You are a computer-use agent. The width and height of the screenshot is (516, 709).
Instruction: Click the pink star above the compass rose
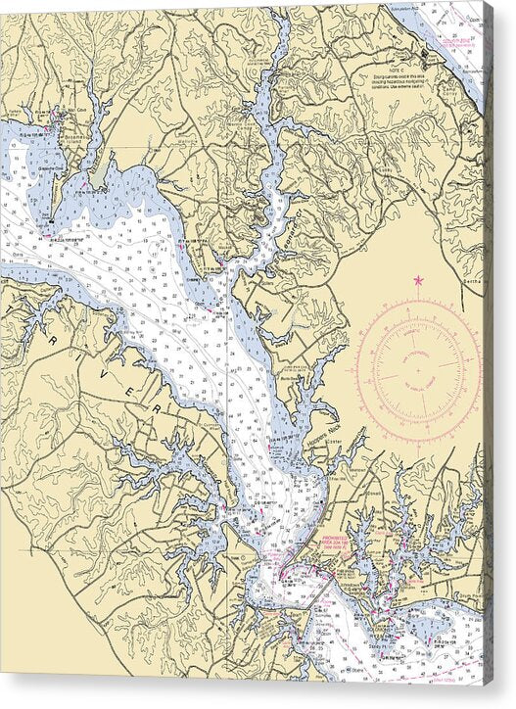pos(418,281)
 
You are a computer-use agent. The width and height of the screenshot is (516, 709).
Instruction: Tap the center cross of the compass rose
pos(418,372)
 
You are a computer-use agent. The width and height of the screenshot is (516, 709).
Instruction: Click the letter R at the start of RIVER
pos(50,335)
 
